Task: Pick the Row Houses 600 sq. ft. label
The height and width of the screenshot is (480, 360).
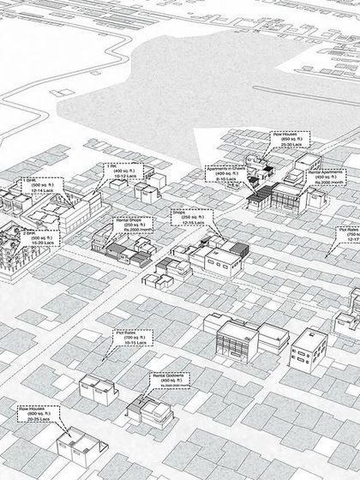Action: (x=39, y=415)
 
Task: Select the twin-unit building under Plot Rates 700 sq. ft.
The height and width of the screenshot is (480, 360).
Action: (x=98, y=387)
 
